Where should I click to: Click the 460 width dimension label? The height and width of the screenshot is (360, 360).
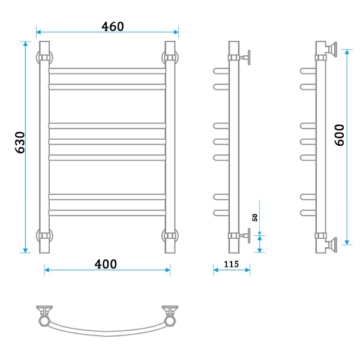(113, 26)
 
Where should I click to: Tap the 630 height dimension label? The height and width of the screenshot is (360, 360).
(20, 143)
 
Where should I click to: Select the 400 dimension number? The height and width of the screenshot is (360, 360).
(106, 264)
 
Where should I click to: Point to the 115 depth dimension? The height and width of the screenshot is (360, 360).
(231, 264)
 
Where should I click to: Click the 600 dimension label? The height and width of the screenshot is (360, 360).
(340, 135)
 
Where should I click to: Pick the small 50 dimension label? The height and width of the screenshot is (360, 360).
(255, 217)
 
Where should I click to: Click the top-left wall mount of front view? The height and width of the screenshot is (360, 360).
(44, 57)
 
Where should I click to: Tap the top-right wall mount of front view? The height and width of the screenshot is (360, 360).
(170, 57)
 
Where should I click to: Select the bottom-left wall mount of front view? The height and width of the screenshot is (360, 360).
(44, 236)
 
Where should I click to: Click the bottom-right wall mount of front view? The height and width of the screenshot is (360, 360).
(170, 236)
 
